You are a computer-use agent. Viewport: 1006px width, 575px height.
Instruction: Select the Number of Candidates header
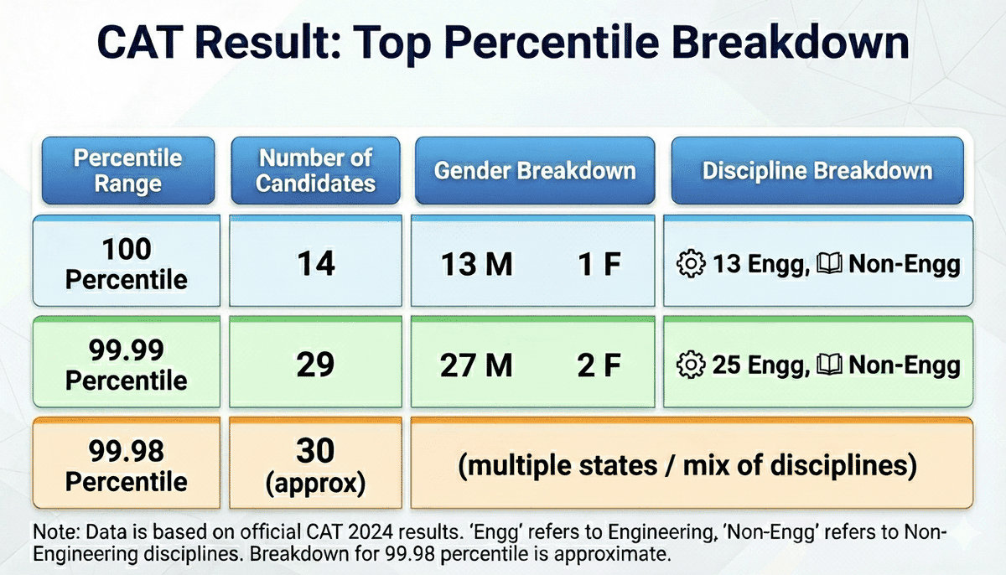(315, 171)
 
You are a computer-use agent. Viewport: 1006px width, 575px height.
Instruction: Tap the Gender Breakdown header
(535, 171)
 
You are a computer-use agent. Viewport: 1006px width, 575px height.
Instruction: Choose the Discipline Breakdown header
(817, 171)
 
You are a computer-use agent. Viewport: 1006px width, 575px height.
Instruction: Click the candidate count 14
(315, 265)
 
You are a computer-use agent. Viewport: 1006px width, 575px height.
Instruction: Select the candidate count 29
(315, 365)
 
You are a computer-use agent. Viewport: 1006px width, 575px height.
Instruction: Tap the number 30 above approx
(315, 452)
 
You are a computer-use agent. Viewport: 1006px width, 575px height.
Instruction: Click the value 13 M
(477, 266)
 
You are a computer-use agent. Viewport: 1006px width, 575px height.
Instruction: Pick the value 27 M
(477, 366)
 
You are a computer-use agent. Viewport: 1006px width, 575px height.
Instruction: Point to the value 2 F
(599, 366)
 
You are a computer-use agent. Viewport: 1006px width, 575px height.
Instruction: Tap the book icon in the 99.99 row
(834, 366)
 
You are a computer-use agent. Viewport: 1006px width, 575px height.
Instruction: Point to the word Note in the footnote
(53, 533)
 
